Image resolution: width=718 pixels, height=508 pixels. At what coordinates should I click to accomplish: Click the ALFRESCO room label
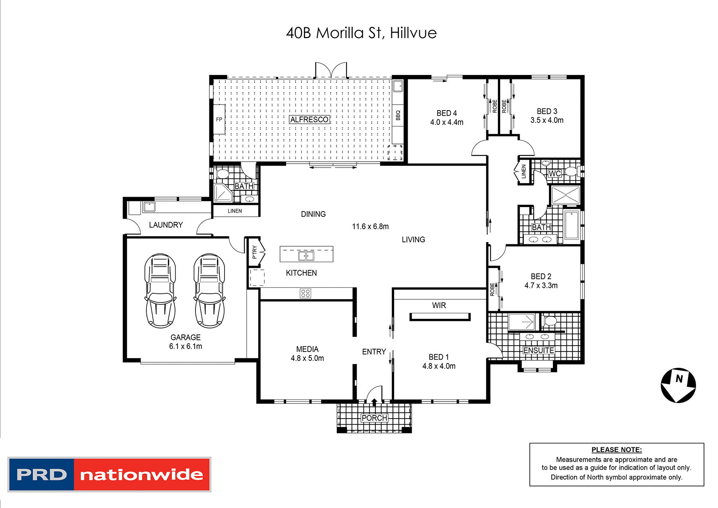click(x=309, y=119)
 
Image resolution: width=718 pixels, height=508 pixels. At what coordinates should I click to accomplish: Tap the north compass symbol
click(x=678, y=385)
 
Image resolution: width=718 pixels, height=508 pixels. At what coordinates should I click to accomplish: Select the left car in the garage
click(x=160, y=291)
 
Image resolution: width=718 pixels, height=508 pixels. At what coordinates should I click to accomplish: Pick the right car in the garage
click(x=209, y=291)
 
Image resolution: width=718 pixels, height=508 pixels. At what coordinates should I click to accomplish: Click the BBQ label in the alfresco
click(x=398, y=115)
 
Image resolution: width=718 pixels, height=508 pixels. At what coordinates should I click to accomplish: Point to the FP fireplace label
click(x=219, y=119)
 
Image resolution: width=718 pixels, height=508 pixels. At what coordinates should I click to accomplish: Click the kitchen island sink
click(x=306, y=256)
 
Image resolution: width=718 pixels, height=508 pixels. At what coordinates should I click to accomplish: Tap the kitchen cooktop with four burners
click(x=306, y=293)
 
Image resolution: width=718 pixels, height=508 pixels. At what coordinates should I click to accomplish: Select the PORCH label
click(x=374, y=418)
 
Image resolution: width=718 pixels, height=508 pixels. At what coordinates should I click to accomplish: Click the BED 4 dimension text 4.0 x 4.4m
click(x=447, y=122)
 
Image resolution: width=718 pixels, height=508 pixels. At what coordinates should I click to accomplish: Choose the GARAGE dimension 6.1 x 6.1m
click(x=185, y=346)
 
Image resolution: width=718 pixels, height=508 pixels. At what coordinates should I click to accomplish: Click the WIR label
click(x=439, y=305)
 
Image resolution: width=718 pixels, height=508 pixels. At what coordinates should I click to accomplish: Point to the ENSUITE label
click(x=538, y=350)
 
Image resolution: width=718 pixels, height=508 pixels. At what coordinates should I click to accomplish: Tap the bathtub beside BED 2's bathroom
click(x=572, y=225)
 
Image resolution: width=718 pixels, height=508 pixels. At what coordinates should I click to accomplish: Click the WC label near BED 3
click(x=554, y=174)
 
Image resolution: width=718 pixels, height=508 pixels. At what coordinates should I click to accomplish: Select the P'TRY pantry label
click(x=254, y=252)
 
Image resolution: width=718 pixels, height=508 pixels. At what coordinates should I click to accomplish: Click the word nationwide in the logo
click(x=142, y=474)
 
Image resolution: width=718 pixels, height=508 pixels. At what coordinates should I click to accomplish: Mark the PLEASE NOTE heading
click(x=617, y=450)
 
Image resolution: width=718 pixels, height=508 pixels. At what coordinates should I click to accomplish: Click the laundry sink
click(x=149, y=207)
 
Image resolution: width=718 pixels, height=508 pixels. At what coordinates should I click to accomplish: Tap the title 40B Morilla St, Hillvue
click(x=361, y=33)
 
